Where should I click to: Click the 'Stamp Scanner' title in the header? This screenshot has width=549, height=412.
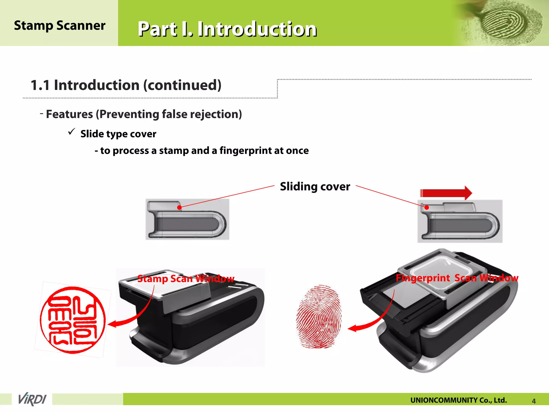point(60,26)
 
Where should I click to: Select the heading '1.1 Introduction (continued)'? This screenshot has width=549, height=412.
point(126,85)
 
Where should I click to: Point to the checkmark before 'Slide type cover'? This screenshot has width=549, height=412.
point(72,132)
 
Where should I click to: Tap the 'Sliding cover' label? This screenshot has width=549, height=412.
point(315,187)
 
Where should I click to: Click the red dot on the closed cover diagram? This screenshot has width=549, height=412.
point(179,207)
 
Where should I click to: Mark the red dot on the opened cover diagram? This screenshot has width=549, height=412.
point(427,207)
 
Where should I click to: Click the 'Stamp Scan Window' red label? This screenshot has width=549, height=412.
point(186,279)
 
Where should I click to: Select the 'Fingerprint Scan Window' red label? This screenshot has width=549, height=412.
point(457,278)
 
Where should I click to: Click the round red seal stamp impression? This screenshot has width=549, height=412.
point(73,320)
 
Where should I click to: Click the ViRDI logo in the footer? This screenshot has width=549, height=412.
point(32,399)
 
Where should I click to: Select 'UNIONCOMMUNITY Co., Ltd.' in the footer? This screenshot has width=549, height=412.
point(458,400)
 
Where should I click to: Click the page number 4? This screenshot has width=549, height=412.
point(534,401)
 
